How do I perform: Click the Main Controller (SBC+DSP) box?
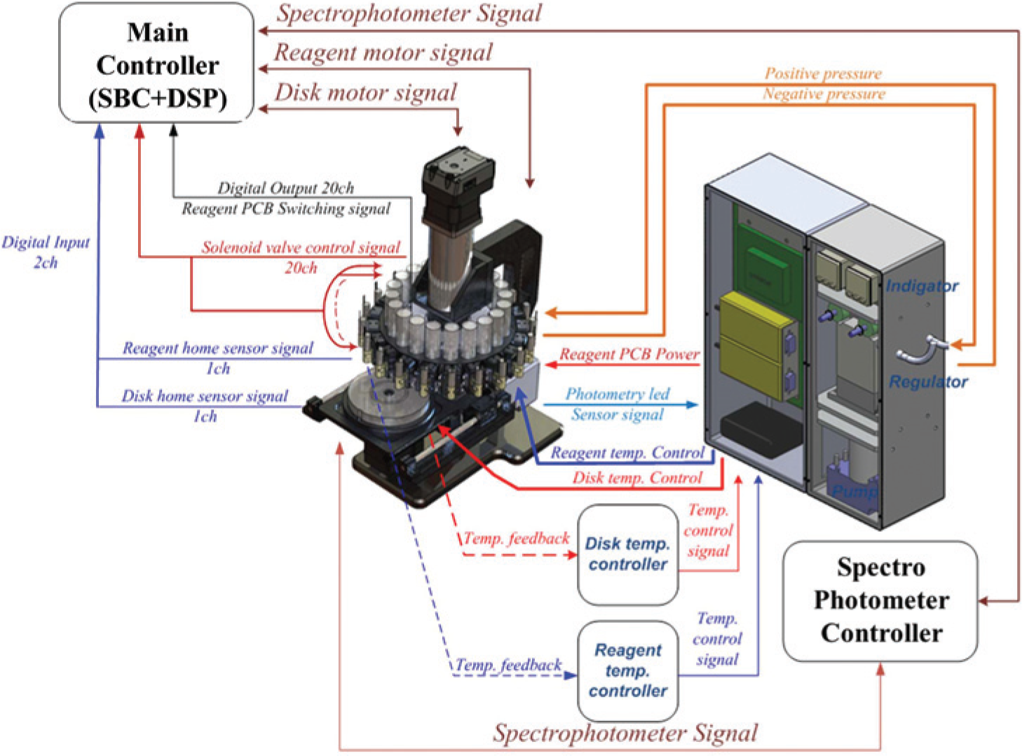[156, 63]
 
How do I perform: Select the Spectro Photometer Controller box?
[880, 601]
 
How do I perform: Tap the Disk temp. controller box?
[628, 555]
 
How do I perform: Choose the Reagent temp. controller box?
[628, 671]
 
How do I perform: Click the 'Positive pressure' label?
[824, 74]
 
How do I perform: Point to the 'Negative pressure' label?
[824, 94]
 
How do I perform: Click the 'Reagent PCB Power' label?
[629, 355]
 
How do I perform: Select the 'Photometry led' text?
[618, 394]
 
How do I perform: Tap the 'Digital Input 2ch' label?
[46, 252]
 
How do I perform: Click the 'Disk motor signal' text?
[366, 92]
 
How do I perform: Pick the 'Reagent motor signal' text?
[383, 53]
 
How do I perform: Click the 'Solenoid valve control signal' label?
[301, 247]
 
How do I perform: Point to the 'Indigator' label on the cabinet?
[922, 286]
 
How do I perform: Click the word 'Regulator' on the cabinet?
[928, 381]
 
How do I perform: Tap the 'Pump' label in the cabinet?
[854, 492]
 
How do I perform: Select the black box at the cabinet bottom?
[761, 429]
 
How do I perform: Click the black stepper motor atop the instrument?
[458, 189]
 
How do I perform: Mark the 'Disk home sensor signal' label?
[205, 397]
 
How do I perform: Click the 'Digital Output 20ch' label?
[286, 188]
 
